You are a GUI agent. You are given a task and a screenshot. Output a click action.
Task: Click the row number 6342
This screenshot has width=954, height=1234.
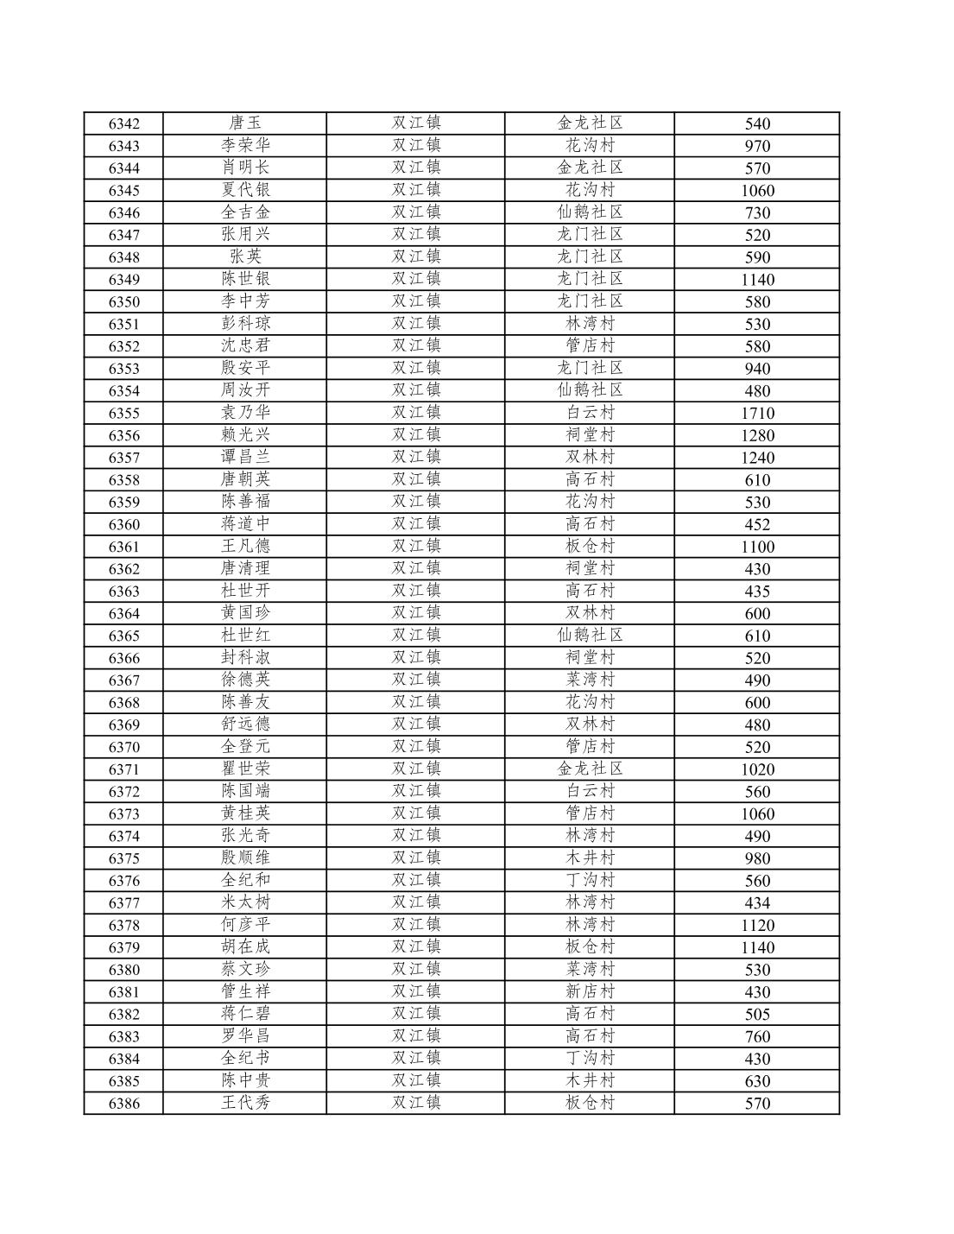(123, 123)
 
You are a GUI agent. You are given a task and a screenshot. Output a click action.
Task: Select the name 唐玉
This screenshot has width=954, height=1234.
(245, 123)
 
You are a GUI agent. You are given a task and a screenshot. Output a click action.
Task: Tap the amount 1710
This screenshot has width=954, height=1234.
(757, 414)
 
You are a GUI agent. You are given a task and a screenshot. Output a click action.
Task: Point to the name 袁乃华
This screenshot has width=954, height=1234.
(245, 413)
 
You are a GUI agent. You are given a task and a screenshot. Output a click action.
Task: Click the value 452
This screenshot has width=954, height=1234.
(757, 525)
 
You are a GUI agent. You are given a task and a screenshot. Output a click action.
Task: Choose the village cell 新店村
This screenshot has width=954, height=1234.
(590, 992)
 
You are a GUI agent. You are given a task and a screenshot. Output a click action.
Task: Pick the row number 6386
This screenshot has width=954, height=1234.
(123, 1104)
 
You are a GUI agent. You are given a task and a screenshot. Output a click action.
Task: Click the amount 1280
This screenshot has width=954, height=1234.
(757, 436)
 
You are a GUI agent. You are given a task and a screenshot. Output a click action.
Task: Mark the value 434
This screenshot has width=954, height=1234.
(757, 903)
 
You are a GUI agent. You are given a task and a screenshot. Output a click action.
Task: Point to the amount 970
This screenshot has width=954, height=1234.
(757, 146)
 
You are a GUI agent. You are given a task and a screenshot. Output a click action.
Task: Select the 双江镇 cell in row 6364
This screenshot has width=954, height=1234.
(416, 613)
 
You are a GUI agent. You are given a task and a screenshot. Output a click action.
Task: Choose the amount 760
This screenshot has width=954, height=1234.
(757, 1037)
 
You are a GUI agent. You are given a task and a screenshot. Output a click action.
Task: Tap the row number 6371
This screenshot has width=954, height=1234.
(123, 769)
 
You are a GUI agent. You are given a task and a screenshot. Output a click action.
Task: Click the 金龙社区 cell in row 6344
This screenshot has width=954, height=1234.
(590, 168)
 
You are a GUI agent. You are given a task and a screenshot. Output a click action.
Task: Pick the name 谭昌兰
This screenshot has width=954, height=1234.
(245, 458)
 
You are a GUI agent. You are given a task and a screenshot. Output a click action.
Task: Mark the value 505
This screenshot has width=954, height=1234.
(757, 1015)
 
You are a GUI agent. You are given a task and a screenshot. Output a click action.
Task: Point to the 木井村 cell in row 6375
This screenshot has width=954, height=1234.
(590, 858)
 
